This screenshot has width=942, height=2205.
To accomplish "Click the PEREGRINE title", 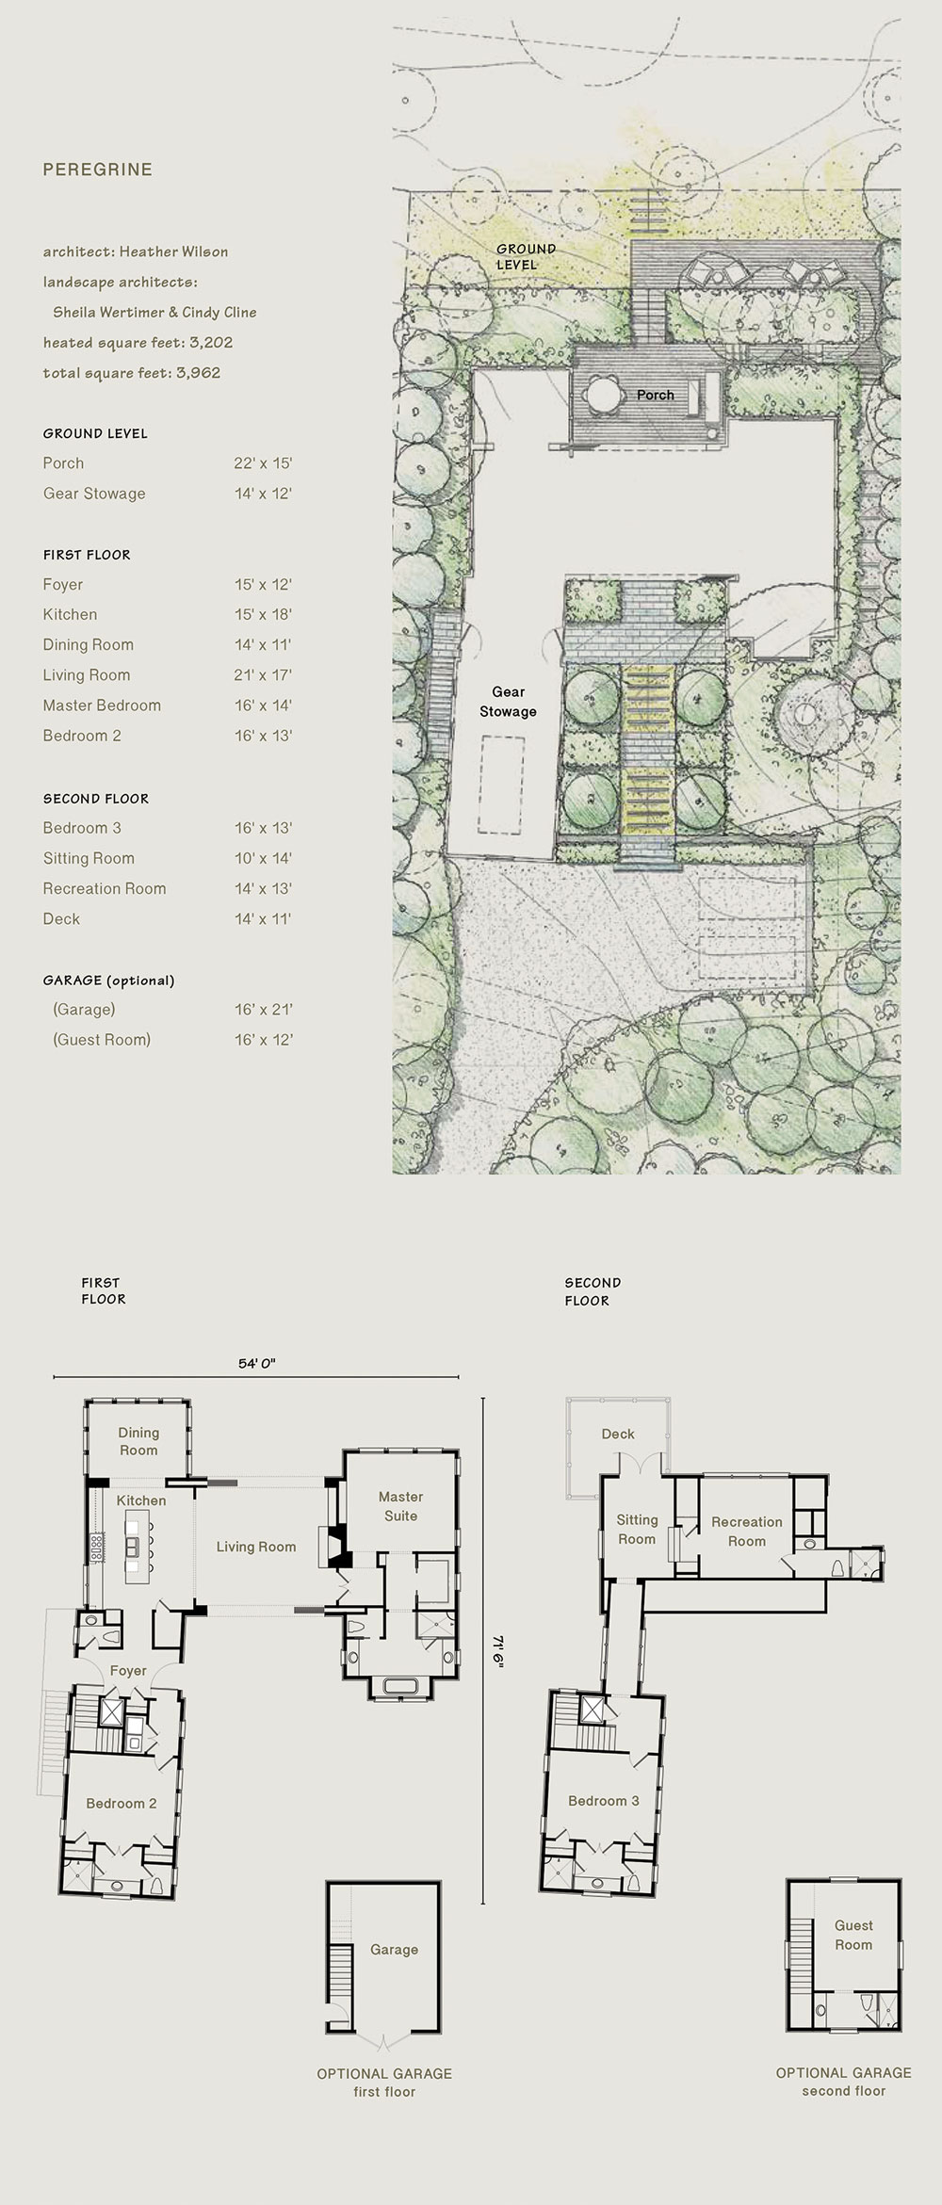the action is [x=97, y=170].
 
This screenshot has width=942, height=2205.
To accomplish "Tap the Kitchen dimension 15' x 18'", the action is [x=263, y=614].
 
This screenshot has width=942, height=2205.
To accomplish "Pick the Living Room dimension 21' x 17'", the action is [x=263, y=674].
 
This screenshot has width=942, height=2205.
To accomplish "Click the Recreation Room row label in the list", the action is [x=105, y=888].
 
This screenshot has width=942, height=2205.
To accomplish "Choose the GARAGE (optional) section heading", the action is [x=108, y=980].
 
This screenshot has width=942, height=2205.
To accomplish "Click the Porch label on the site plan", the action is [x=656, y=395].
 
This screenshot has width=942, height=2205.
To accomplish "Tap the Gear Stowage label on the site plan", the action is [x=508, y=702].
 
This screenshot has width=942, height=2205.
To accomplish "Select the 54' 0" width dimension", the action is [x=256, y=1363].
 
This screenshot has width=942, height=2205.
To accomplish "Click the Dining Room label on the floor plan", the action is [x=138, y=1441].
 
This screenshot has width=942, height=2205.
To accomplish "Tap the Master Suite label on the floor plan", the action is [x=400, y=1506].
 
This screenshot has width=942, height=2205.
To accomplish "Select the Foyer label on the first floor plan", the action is [x=128, y=1671].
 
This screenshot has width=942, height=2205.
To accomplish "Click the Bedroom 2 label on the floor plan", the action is [x=122, y=1803].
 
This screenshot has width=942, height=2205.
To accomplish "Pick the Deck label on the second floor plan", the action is [x=618, y=1434].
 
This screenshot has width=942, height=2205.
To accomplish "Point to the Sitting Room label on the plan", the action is [x=637, y=1529].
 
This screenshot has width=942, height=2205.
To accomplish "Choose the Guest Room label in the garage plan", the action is [x=853, y=1935].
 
